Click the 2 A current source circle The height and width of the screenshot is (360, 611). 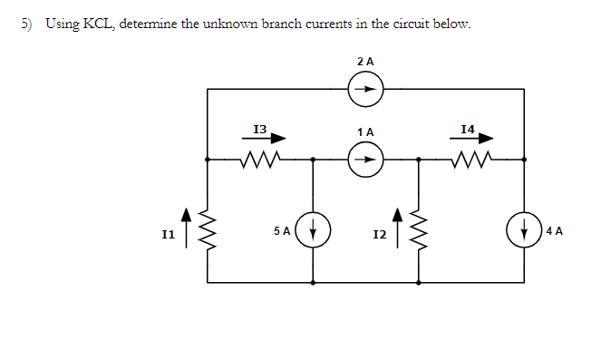point(366,89)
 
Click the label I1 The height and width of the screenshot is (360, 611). point(168,235)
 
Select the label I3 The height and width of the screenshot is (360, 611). point(259,130)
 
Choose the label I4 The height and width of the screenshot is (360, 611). point(467,130)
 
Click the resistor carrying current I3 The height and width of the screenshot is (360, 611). point(260,161)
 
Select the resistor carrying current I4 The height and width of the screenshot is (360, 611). point(471,161)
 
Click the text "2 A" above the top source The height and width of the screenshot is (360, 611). point(365,61)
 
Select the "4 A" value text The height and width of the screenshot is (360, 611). point(553,231)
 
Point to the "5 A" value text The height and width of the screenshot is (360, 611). point(282,231)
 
